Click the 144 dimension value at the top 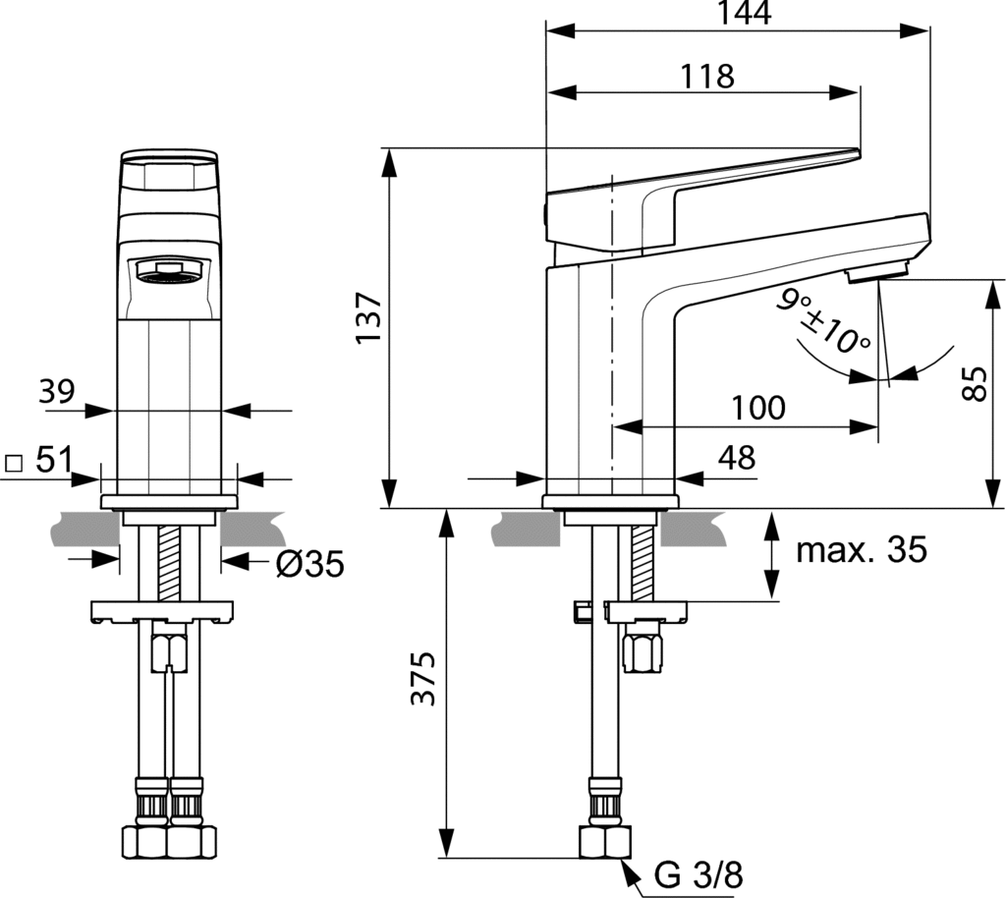point(744,13)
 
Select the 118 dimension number point(706,77)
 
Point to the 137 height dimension point(369,318)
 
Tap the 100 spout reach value point(758,408)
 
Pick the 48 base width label point(737,458)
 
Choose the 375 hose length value point(423,678)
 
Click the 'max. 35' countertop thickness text point(862,549)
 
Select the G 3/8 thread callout point(699,874)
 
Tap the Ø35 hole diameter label point(309,564)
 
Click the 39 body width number point(56,391)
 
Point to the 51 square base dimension point(54,459)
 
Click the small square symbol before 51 point(14,463)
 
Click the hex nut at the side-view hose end point(605,842)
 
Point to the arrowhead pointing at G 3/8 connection point(632,872)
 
